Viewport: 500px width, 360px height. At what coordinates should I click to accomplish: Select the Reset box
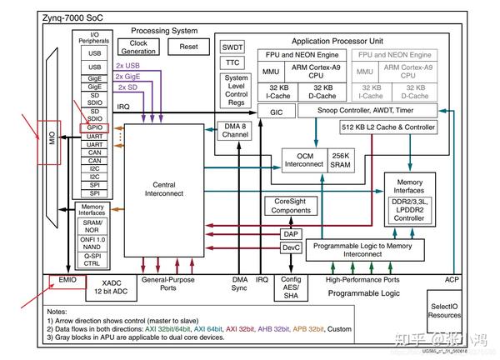pos(188,47)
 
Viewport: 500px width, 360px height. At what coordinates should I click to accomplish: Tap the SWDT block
pos(232,47)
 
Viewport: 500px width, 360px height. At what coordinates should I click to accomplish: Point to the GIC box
pos(276,111)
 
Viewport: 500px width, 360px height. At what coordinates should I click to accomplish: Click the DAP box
pos(290,234)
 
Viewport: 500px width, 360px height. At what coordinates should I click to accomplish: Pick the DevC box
pos(290,247)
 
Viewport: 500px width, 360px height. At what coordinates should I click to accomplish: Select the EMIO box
pos(67,280)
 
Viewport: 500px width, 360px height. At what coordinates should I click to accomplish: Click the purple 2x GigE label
pos(129,77)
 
